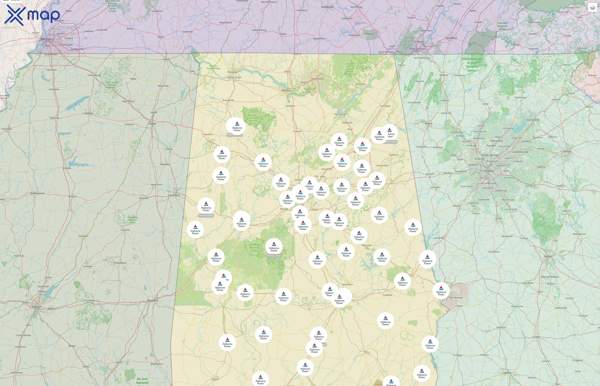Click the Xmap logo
point(32,15)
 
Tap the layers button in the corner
point(592,8)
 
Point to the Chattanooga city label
point(417,49)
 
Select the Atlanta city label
point(489,171)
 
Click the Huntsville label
point(317,79)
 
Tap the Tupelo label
point(152,124)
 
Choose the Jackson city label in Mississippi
point(37,306)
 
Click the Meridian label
point(152,300)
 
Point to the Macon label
point(548,256)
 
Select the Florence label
point(232,72)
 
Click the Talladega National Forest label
point(254,247)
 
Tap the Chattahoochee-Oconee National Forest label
point(472,65)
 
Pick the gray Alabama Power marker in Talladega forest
point(274,247)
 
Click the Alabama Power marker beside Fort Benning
point(441,291)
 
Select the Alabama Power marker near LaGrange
point(413,227)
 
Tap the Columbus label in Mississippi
point(174,195)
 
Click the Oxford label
point(89,113)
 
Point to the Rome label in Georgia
point(428,124)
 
